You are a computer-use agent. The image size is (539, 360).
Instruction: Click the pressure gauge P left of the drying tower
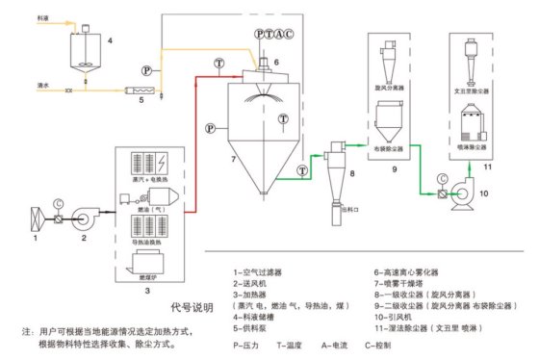[209, 127]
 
